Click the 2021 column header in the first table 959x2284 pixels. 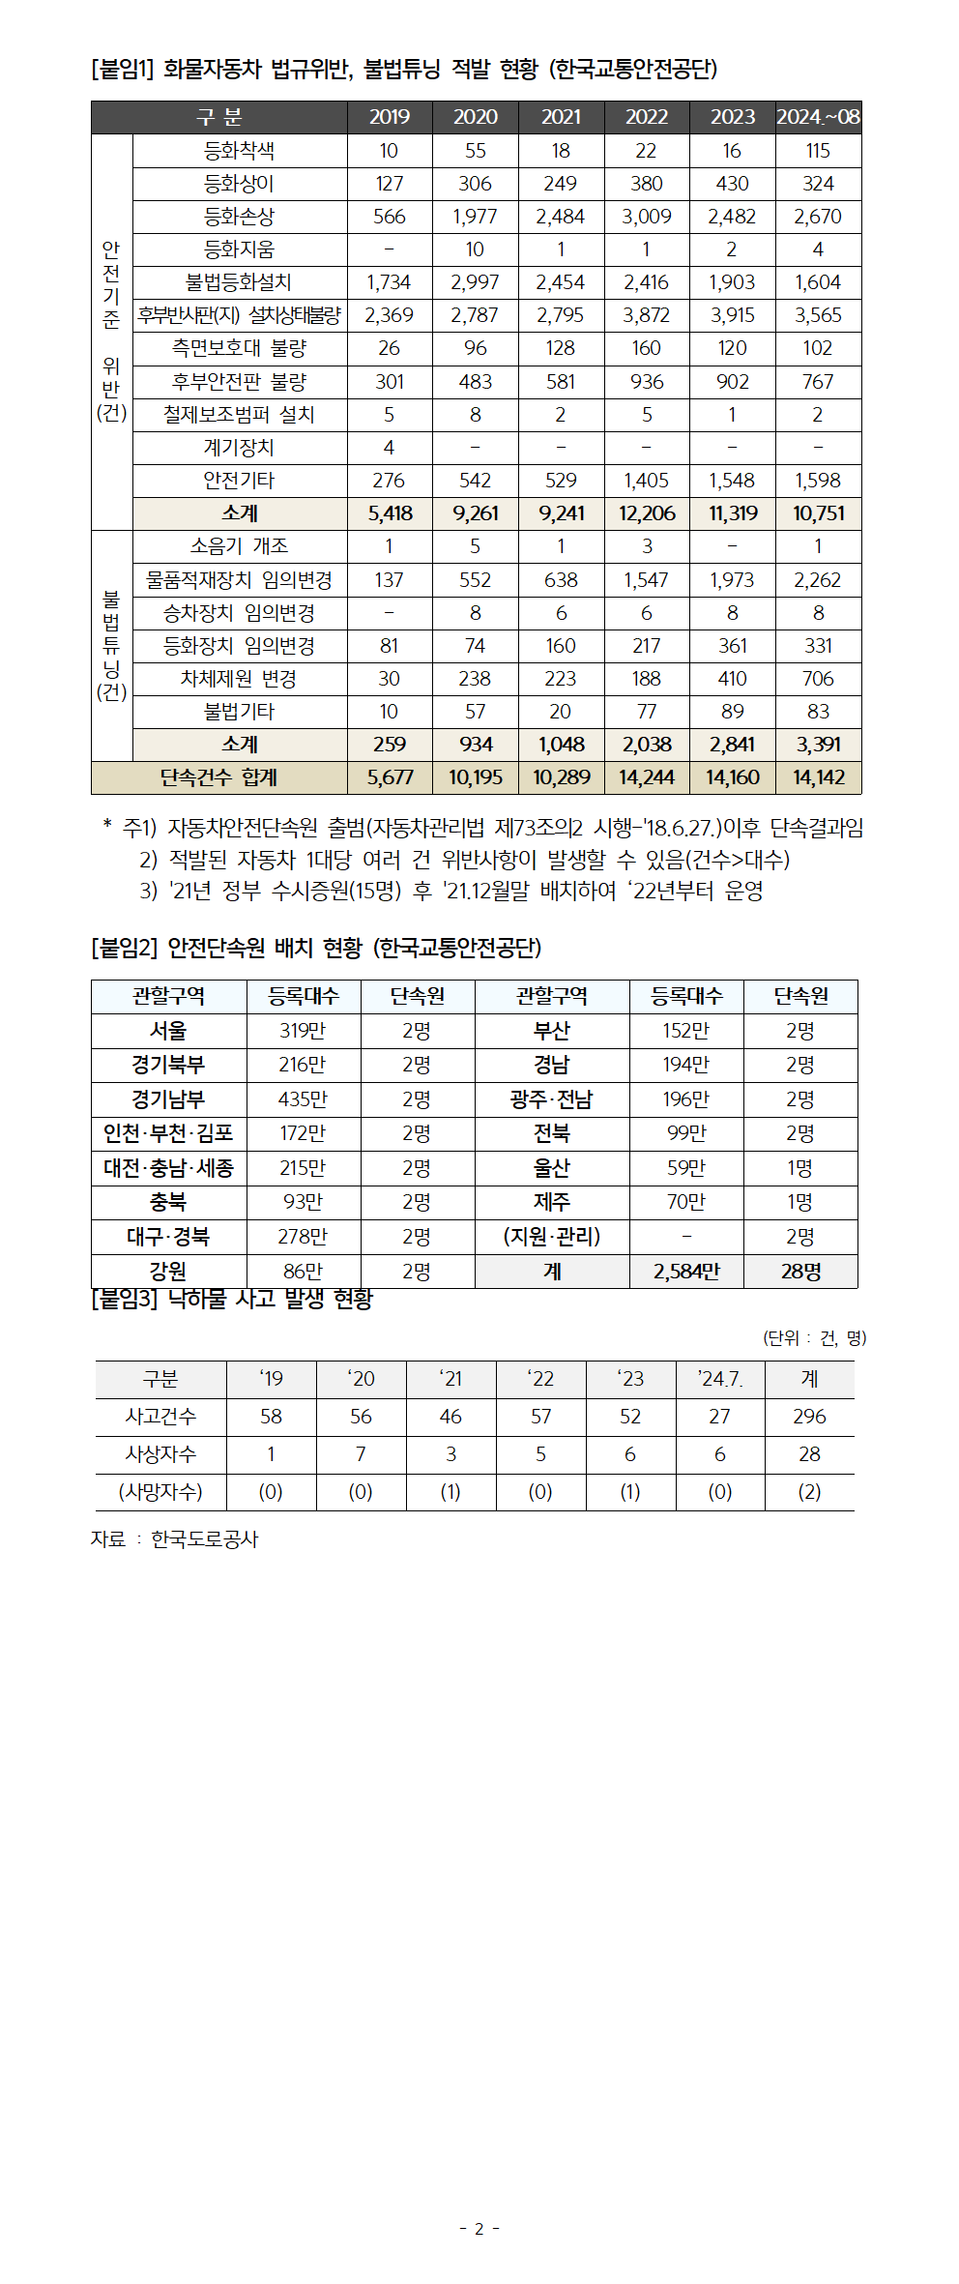click(x=561, y=117)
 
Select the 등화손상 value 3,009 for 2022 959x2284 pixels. click(x=647, y=217)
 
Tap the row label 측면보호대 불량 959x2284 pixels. click(x=239, y=348)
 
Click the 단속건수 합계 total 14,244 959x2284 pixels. click(x=647, y=777)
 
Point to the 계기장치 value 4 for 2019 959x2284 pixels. click(x=389, y=448)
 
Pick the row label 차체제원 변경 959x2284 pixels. click(x=239, y=679)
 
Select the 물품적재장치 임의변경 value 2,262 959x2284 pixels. click(x=818, y=580)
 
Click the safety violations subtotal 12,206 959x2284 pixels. click(x=647, y=513)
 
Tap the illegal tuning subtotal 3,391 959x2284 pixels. click(x=818, y=745)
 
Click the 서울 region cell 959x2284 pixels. click(x=168, y=1031)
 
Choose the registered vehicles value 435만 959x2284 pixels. click(x=303, y=1099)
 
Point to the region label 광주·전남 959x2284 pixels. click(x=551, y=1099)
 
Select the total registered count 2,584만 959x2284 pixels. click(x=686, y=1272)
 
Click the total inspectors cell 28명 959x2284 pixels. click(x=800, y=1272)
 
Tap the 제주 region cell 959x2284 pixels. click(x=551, y=1202)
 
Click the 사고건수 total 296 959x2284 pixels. click(x=809, y=1417)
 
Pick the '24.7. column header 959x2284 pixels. click(x=720, y=1379)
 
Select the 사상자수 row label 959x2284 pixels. click(x=160, y=1454)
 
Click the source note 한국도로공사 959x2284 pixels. click(x=205, y=1539)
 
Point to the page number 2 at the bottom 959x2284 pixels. click(x=479, y=2229)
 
